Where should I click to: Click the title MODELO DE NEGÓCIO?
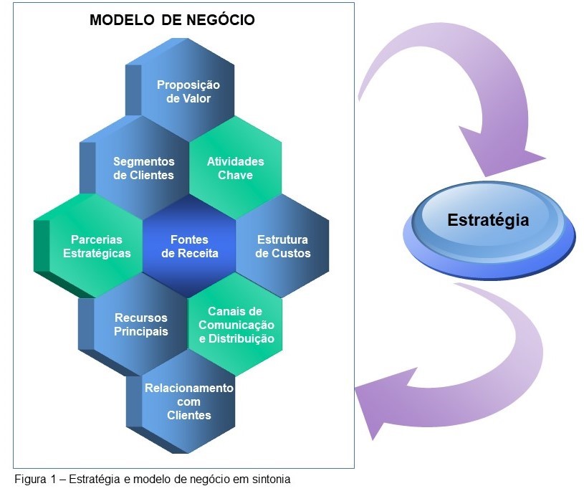point(172,20)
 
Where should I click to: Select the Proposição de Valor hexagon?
point(188,91)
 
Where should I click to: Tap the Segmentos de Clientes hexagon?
point(143,168)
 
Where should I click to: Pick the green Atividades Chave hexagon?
point(236,168)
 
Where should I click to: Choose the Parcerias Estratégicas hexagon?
point(97,246)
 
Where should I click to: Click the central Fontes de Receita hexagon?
point(189,246)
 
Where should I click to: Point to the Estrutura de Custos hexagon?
point(282,246)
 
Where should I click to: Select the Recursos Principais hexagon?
point(141,324)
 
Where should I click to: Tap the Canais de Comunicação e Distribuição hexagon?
point(236,324)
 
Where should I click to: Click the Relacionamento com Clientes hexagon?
point(188,401)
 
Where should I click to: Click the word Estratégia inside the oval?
point(488,219)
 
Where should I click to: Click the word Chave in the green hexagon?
point(236,175)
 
